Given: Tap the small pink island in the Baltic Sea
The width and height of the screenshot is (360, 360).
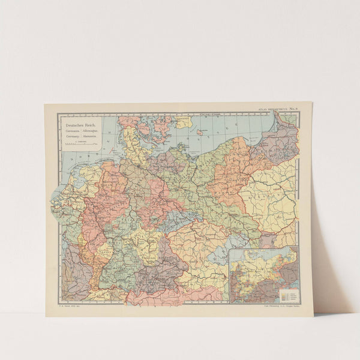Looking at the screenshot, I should (199, 131).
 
